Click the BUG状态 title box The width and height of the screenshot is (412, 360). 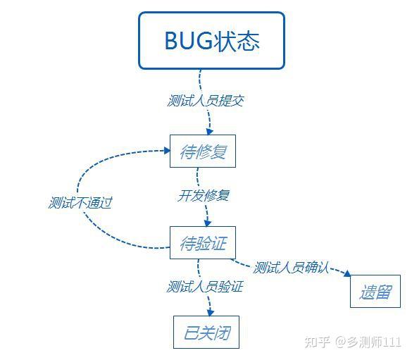click(x=211, y=40)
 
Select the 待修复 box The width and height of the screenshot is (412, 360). click(x=202, y=151)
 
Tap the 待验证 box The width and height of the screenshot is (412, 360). click(x=202, y=243)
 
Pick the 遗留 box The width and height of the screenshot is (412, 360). click(x=375, y=291)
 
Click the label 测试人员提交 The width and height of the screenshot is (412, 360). click(x=206, y=100)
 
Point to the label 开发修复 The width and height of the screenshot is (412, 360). click(x=203, y=195)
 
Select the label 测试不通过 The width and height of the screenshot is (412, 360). click(x=80, y=203)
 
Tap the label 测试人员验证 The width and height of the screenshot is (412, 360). click(x=205, y=287)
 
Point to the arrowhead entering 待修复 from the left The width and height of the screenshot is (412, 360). click(x=165, y=150)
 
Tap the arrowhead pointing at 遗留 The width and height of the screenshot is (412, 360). click(x=347, y=274)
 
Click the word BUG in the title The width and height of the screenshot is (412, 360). click(x=186, y=40)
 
